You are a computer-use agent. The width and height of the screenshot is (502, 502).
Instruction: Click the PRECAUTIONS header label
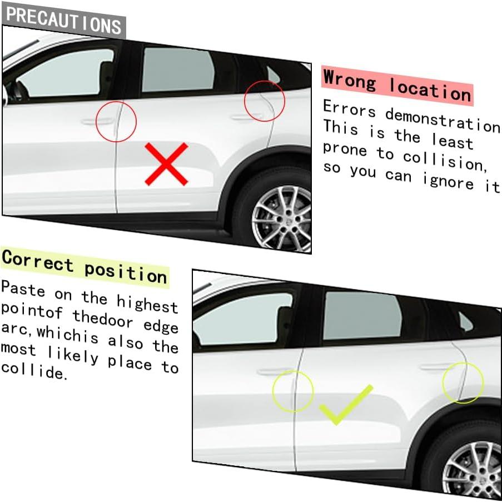[64, 21]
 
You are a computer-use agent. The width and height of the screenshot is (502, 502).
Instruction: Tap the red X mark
[166, 164]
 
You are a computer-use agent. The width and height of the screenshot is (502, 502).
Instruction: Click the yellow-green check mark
[346, 405]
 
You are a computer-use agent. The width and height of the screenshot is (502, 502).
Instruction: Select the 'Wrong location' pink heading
[397, 86]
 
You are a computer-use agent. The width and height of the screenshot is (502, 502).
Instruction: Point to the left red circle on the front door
[116, 121]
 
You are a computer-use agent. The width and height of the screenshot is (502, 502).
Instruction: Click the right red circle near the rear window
[266, 101]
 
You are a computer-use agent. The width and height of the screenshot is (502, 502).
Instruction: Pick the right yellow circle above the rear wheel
[463, 382]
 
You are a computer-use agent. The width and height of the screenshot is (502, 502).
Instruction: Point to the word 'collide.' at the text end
[34, 371]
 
